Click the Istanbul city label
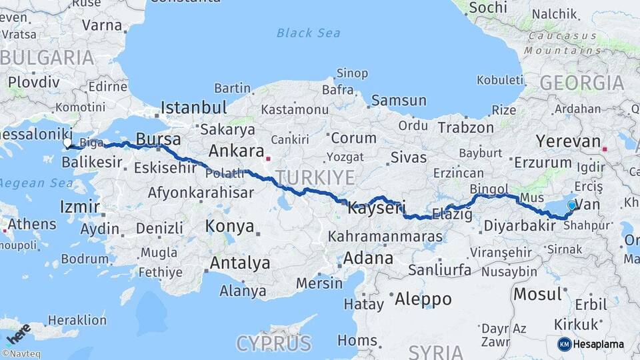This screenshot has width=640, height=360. (193, 107)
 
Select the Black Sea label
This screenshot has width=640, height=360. (308, 33)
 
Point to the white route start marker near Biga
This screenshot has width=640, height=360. (67, 143)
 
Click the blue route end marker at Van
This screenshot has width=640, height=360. (571, 205)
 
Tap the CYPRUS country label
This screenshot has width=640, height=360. (273, 343)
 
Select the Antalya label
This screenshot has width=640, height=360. (240, 263)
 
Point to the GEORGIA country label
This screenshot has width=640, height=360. (581, 83)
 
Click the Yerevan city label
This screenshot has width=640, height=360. (568, 141)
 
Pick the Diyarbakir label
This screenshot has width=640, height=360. (519, 226)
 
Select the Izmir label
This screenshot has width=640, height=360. (79, 207)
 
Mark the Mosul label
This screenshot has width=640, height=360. (537, 294)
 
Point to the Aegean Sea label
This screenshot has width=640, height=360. (31, 182)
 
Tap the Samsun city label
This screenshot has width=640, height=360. (399, 101)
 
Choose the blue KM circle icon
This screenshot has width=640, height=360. (565, 344)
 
